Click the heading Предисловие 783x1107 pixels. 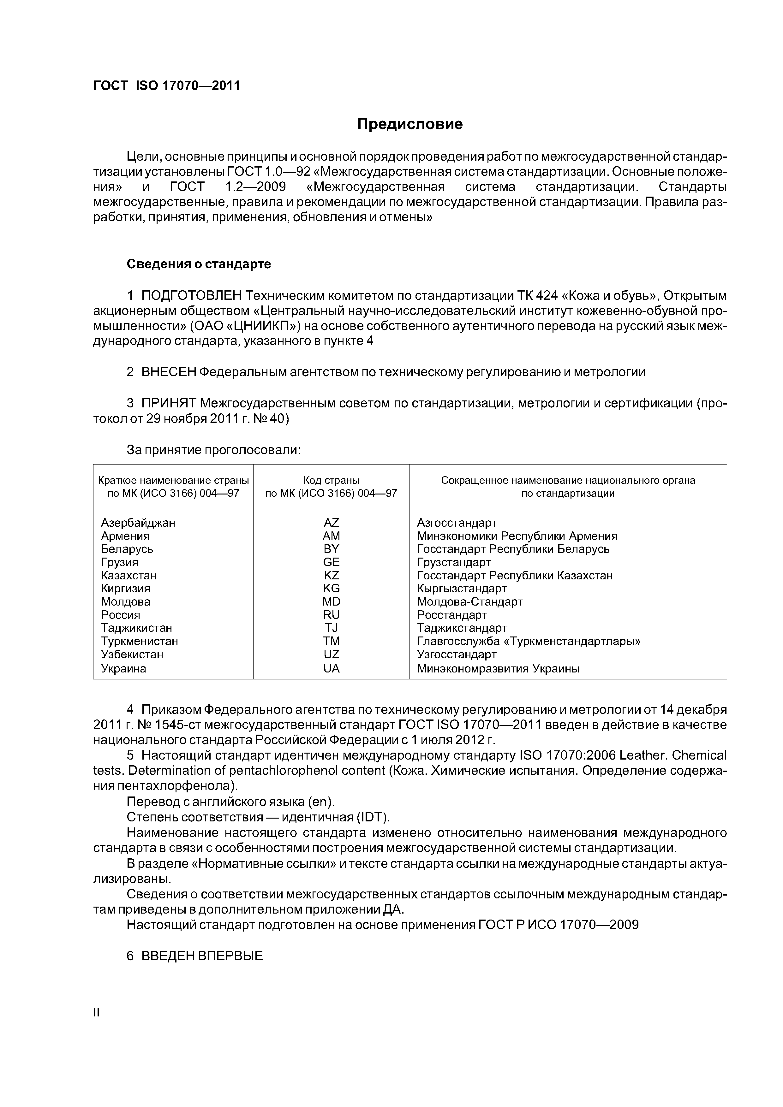(409, 124)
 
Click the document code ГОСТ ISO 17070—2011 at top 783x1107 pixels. (166, 86)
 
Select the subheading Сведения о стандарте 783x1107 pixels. (199, 264)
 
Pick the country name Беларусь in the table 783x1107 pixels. (127, 549)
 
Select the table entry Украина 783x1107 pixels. (123, 669)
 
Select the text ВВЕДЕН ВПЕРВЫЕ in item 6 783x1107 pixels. (202, 956)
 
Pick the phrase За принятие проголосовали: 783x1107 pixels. (213, 450)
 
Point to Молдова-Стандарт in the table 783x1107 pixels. (469, 602)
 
